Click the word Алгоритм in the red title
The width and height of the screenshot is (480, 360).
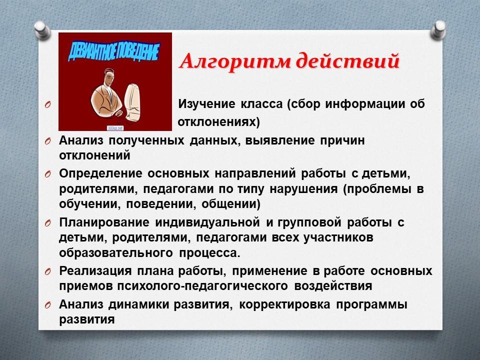(235, 61)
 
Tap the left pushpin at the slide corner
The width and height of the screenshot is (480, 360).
(42, 30)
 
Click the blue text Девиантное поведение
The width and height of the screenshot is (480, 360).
(113, 51)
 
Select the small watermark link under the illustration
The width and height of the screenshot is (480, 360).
(115, 128)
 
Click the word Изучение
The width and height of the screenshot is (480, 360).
(206, 104)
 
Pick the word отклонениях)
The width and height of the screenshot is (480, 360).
(218, 122)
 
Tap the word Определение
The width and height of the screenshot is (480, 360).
(100, 174)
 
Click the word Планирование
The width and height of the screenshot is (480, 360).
(104, 222)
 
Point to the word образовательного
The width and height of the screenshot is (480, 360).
(116, 253)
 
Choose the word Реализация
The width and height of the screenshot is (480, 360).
(95, 271)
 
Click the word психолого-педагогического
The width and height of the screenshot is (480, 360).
(202, 286)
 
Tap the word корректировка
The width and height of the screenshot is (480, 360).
(284, 304)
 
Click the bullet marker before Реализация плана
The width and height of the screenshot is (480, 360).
(48, 271)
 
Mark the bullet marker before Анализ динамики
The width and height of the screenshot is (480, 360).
(48, 305)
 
